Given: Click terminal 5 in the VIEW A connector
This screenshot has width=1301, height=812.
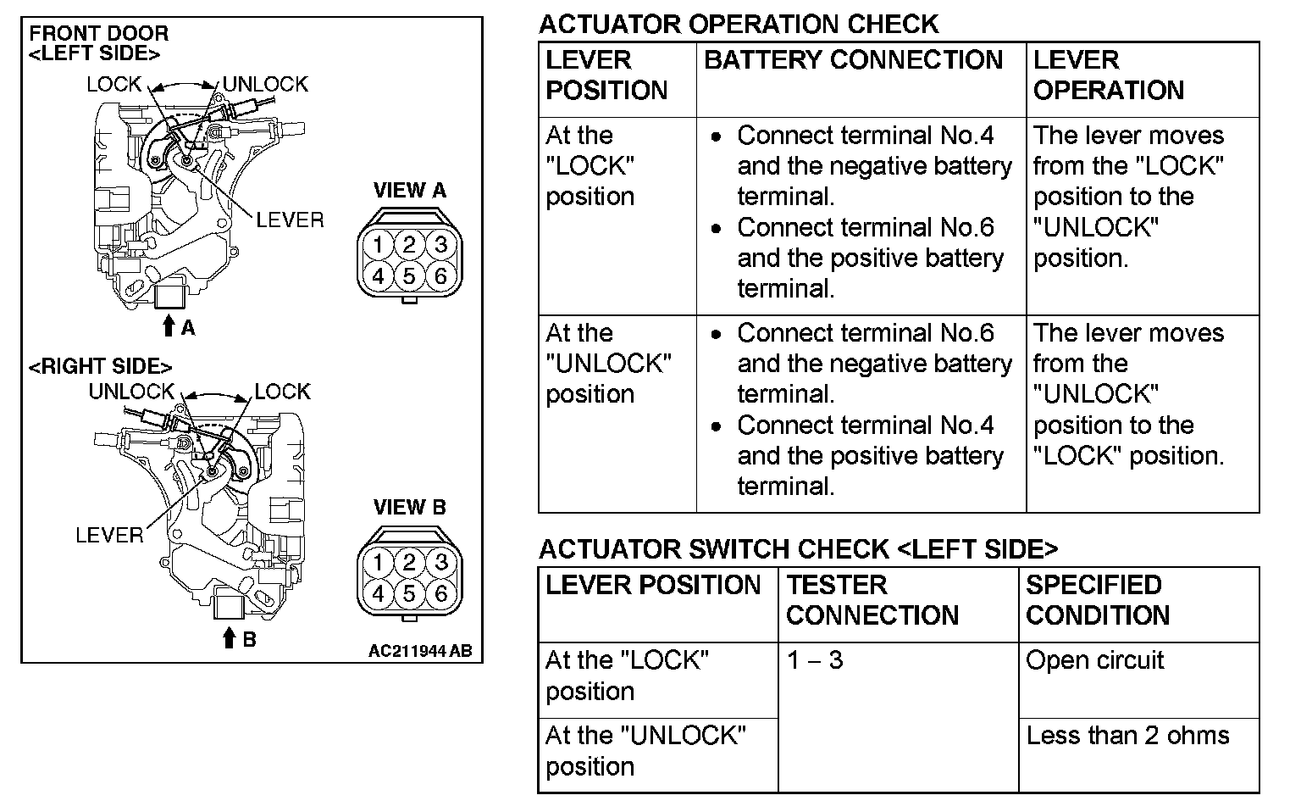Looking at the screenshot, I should click(409, 276).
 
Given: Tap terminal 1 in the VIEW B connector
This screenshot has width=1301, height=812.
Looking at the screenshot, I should click(379, 563).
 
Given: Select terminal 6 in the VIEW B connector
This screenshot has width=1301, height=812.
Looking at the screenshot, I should click(440, 594).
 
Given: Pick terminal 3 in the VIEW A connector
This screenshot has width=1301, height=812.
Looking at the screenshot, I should click(440, 246).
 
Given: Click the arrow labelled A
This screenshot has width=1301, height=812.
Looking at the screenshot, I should click(169, 325).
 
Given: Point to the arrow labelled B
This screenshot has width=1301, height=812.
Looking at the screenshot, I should click(229, 637).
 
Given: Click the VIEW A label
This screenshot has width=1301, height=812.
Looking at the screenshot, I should click(409, 190).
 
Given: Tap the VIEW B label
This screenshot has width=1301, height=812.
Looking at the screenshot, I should click(409, 507).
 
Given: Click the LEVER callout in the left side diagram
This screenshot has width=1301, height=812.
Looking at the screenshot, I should click(290, 220).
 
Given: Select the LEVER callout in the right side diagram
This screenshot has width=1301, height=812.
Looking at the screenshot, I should click(109, 535).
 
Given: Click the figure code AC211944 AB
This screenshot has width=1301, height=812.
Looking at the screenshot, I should click(420, 651).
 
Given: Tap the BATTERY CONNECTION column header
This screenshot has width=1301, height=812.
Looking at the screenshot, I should click(853, 60).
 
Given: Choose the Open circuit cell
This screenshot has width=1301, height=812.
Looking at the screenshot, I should click(1094, 660).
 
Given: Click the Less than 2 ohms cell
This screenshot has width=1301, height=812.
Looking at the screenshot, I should click(1127, 735).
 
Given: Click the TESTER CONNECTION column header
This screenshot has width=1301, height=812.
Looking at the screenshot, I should click(872, 600).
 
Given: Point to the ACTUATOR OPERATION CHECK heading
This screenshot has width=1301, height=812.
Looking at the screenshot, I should click(739, 24).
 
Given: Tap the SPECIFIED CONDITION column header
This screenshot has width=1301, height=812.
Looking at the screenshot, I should click(1098, 600).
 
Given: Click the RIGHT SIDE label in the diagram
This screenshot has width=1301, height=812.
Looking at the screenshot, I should click(101, 366).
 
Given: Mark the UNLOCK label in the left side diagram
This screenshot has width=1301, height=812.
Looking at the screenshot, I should click(265, 84).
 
